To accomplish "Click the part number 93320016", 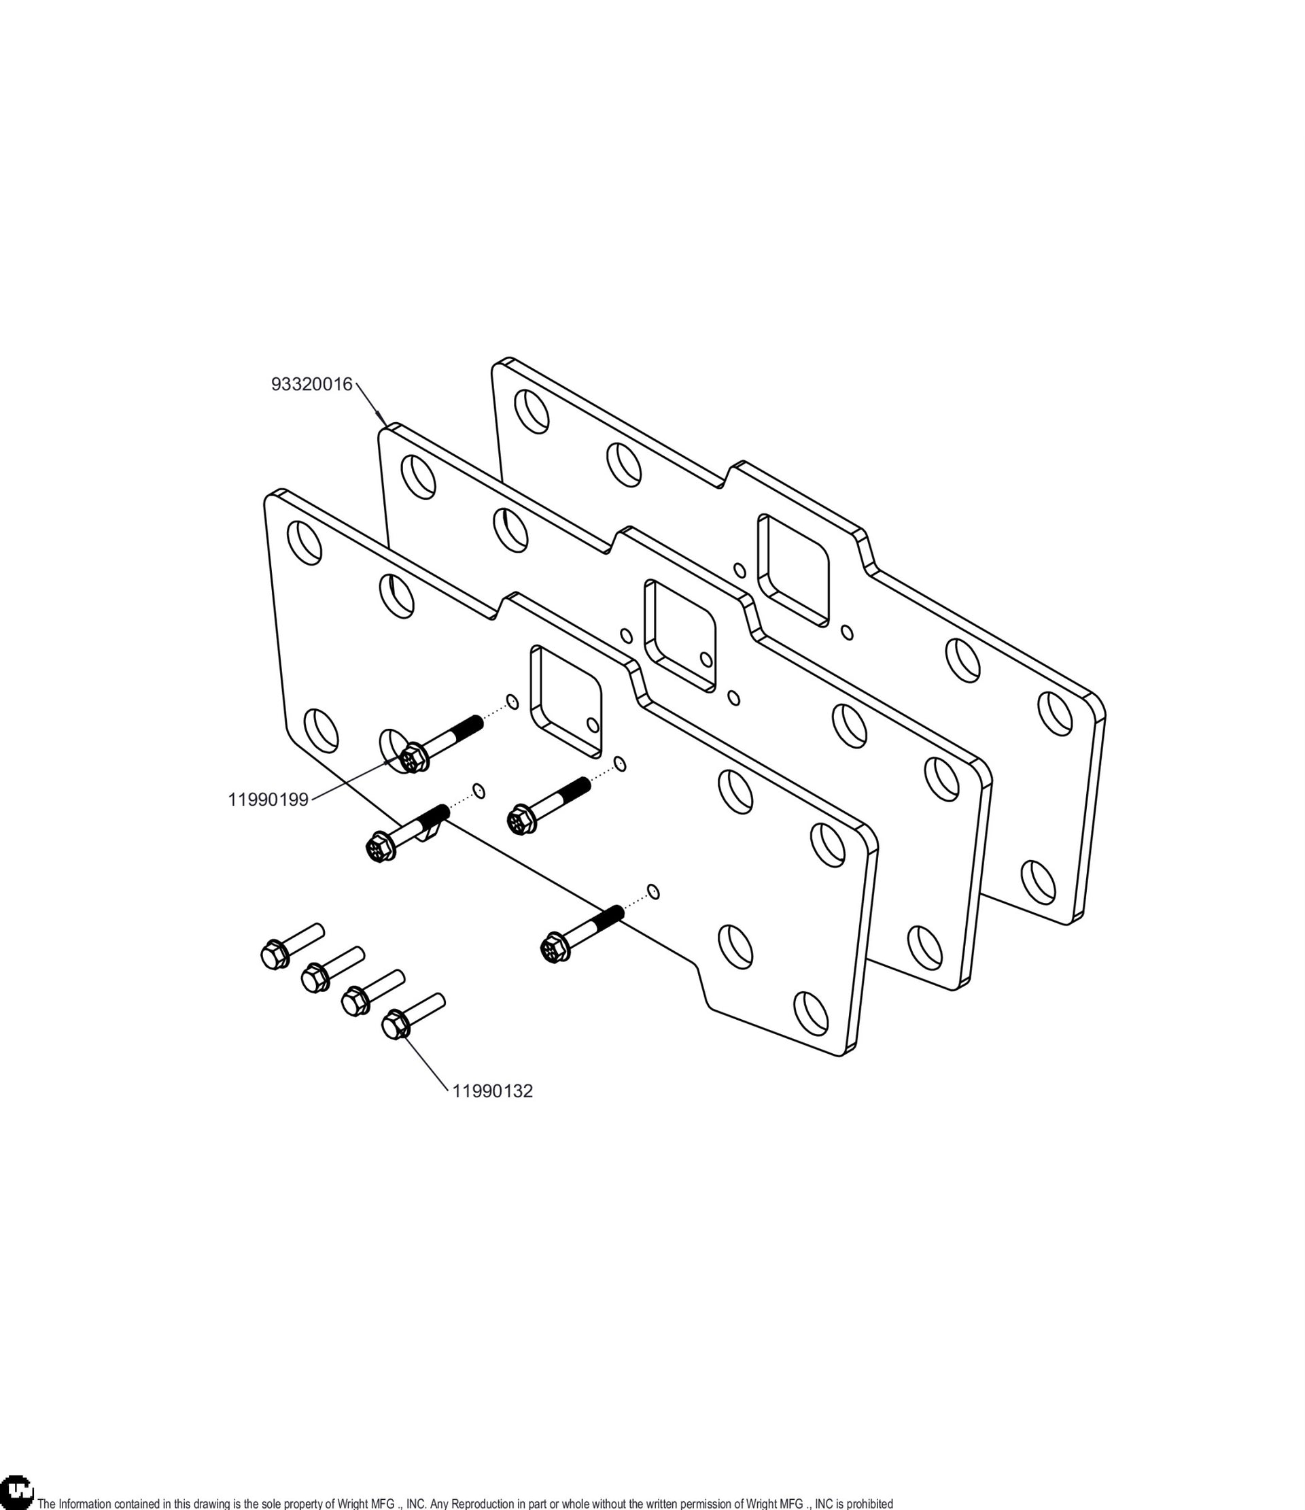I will coord(311,384).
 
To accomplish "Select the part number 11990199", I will coord(268,800).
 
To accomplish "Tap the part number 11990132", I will coord(493,1091).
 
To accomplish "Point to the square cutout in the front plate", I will coord(566,700).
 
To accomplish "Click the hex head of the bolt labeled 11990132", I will coord(394,1024).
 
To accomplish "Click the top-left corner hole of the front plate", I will coord(304,543).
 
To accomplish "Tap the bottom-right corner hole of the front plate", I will coord(810,1013).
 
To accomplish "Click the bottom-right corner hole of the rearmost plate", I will coord(1038,882).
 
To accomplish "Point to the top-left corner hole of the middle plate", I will coord(418,477).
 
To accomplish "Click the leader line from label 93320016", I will coord(370,402).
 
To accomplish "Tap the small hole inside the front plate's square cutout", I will coord(593,725).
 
